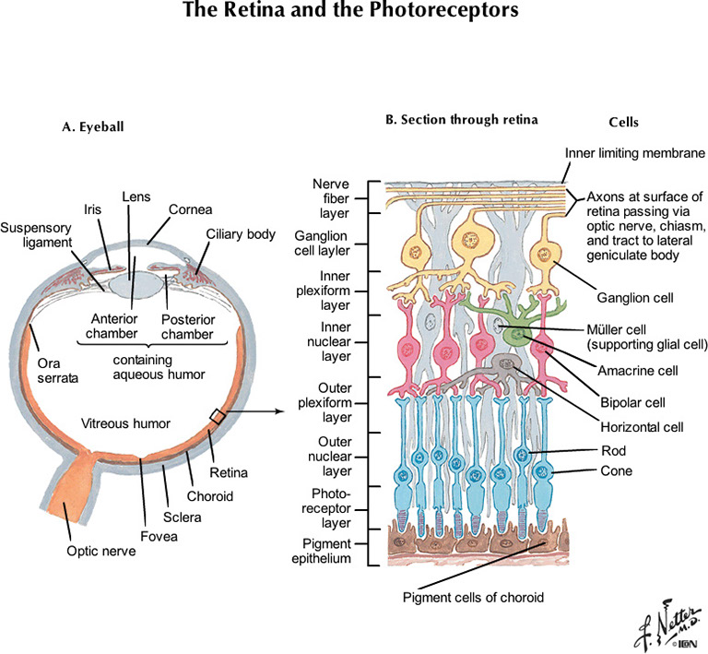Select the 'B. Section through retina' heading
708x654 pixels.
(x=461, y=120)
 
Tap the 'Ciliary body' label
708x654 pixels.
(x=242, y=235)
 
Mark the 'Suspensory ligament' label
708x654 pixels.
(x=33, y=235)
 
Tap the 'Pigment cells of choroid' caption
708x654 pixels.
(x=473, y=597)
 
